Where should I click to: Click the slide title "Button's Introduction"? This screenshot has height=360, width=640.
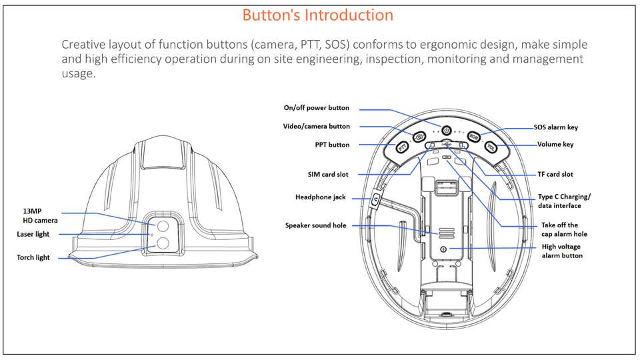317,15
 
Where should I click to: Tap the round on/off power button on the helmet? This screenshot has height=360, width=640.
447,130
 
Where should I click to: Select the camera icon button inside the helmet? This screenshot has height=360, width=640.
419,137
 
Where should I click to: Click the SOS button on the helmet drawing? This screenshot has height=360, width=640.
474,137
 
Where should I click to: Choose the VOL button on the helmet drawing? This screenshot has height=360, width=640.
491,147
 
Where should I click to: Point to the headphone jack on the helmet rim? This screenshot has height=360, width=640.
375,199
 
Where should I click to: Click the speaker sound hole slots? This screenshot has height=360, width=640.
446,231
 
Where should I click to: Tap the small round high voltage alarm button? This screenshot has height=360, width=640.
444,249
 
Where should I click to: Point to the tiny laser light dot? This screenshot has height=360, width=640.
153,235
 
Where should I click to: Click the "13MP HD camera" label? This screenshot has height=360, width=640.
41,215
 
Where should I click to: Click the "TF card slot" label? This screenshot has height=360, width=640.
555,175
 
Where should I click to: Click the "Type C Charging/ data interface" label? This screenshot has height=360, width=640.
564,201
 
